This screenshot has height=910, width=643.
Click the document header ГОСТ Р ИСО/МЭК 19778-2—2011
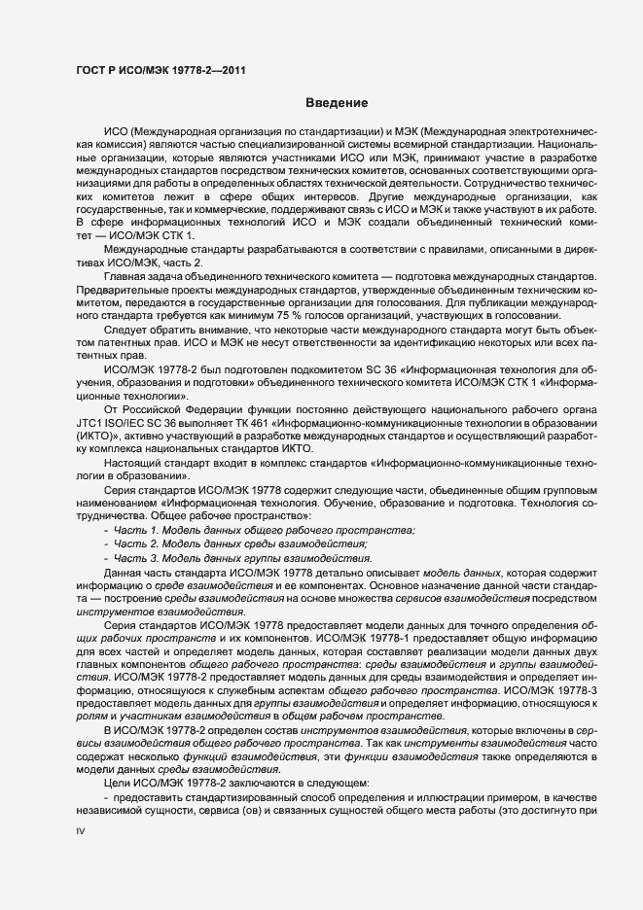tap(160, 68)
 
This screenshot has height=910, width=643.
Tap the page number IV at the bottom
tap(81, 832)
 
